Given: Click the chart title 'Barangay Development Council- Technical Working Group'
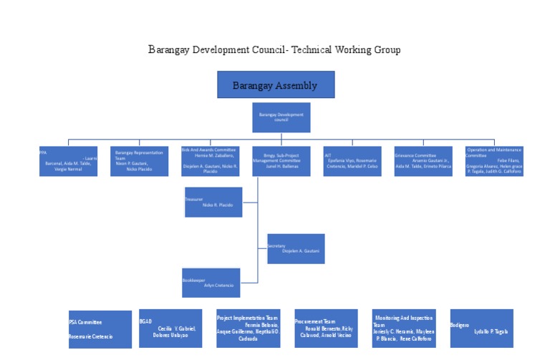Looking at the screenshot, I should click(274, 49).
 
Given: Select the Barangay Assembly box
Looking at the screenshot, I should click(276, 85).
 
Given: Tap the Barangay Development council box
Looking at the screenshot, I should click(281, 117).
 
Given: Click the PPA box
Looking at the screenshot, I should click(69, 161).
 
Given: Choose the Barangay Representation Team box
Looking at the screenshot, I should click(139, 161).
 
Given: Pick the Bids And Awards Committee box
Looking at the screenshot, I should click(210, 161).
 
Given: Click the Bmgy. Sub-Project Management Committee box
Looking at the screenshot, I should click(281, 161).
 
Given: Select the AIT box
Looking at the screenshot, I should click(352, 161).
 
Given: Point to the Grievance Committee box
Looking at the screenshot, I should click(423, 161).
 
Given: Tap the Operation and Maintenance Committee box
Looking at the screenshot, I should click(494, 161).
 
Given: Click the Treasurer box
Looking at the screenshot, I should click(213, 202).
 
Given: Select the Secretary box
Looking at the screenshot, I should click(296, 248).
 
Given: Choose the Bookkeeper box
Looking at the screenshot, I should click(211, 282).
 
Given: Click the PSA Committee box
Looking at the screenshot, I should click(100, 329).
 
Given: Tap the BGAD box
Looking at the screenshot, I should click(170, 329).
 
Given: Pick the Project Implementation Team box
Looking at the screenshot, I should click(248, 329).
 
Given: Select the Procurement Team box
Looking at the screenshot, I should click(326, 329).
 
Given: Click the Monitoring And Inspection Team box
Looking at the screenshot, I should click(404, 329).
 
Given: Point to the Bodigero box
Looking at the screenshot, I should click(481, 329).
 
